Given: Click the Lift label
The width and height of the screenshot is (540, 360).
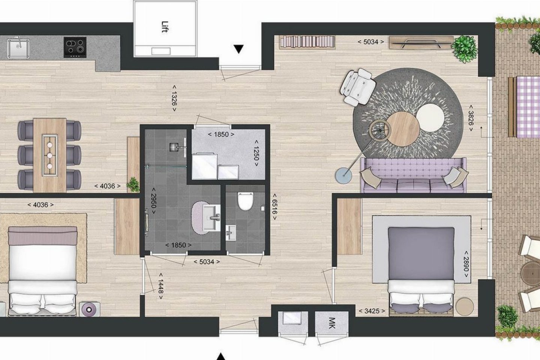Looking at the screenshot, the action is coord(165,27).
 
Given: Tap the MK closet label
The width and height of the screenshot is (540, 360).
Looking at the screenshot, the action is coord(332,323).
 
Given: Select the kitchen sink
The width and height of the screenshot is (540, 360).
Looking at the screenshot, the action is coord(18,48).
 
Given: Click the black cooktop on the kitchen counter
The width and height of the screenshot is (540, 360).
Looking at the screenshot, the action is coord(75,47).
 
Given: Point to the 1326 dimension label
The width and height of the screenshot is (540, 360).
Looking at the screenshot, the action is coord(174,98).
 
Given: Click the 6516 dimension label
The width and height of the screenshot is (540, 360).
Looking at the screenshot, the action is coord(274,207).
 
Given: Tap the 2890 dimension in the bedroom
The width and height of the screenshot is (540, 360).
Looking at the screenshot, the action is coord(466,264).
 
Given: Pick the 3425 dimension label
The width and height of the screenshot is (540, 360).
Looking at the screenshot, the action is coord(372,311).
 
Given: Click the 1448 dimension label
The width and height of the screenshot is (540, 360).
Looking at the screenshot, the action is coord(161,286).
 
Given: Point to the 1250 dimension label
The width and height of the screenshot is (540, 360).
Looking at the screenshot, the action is coord(256,153).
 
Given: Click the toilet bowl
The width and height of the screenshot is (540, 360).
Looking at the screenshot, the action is coord(245,201).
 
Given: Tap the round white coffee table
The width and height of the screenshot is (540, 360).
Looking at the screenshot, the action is coord(430,118).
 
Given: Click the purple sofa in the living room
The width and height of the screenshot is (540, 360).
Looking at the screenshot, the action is coord(413,175).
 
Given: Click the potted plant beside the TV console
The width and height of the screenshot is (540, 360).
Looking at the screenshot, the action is coord(464,49).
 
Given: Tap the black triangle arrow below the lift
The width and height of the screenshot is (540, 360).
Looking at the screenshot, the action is coord(238,49).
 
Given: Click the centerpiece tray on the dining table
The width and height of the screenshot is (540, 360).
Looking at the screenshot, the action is coord(49,156).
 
